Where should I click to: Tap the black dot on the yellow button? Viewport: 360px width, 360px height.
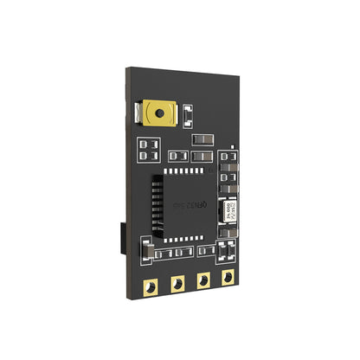tap(160, 112)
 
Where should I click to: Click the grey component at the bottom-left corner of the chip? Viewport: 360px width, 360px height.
tap(148, 252)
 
